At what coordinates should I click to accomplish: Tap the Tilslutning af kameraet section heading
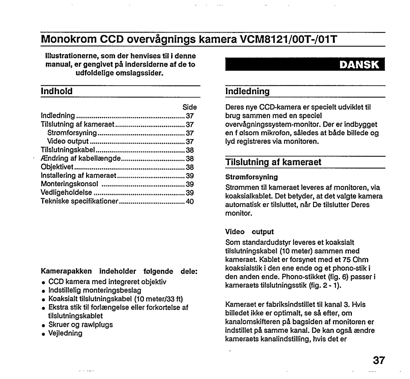click(x=273, y=162)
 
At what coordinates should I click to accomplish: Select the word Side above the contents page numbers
click(x=189, y=107)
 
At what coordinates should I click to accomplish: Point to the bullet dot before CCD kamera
click(x=44, y=282)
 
